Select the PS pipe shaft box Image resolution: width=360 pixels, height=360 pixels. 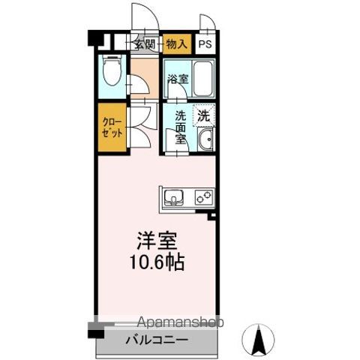pyautogui.click(x=205, y=43)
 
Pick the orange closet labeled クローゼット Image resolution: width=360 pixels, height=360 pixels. pyautogui.click(x=112, y=128)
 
